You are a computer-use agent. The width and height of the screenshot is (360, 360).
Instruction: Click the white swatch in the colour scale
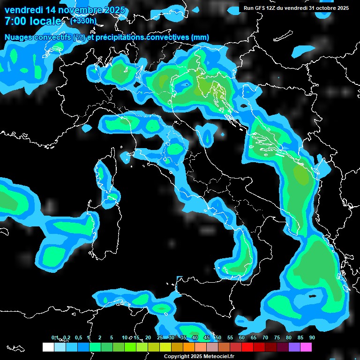click(48, 347)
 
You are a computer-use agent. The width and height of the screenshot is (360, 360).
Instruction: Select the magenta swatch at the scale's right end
click(306, 347)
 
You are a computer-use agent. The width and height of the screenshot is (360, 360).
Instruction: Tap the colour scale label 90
click(312, 337)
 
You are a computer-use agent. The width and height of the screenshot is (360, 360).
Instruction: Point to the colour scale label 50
click(218, 337)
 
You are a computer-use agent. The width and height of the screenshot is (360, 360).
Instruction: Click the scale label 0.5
click(78, 337)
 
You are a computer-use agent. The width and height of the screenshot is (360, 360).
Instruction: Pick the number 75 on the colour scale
click(277, 337)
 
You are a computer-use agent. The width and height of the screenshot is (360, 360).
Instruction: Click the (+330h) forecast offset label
click(83, 21)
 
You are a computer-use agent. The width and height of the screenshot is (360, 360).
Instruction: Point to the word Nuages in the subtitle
click(19, 37)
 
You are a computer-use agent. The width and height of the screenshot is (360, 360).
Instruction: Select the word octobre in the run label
click(323, 8)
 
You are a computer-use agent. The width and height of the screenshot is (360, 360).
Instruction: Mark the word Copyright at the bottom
click(176, 356)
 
